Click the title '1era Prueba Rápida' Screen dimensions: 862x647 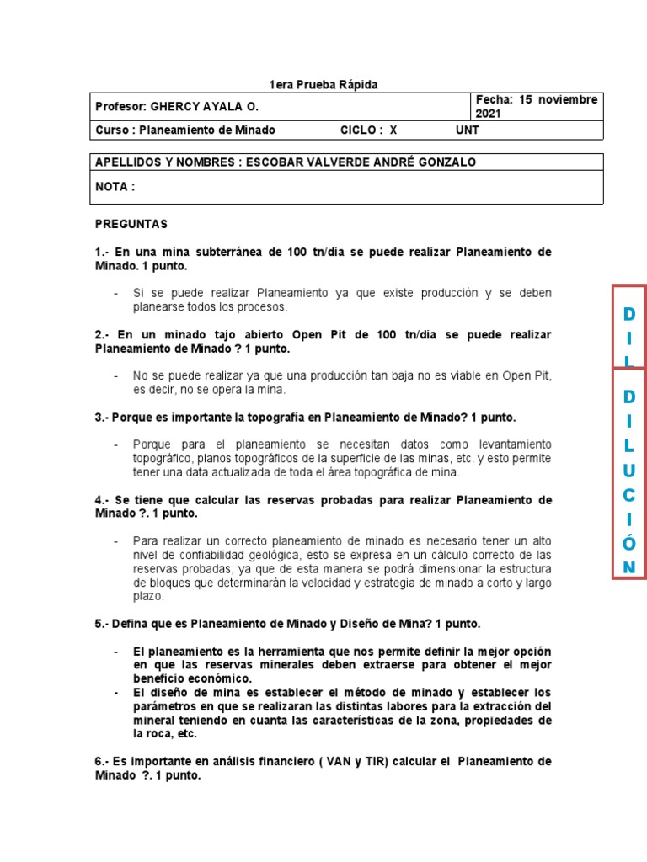tap(323, 85)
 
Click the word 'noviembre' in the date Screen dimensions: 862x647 tap(569, 99)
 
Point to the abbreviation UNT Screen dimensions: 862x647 tap(467, 130)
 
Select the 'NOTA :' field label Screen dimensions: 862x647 tap(115, 187)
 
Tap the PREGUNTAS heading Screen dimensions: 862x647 tap(131, 224)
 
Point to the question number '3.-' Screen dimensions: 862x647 tap(102, 417)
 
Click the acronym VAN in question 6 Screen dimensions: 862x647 tap(341, 761)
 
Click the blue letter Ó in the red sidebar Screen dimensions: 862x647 tap(628, 543)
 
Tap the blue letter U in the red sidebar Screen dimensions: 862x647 tap(628, 469)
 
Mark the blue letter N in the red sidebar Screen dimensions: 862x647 tap(628, 567)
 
